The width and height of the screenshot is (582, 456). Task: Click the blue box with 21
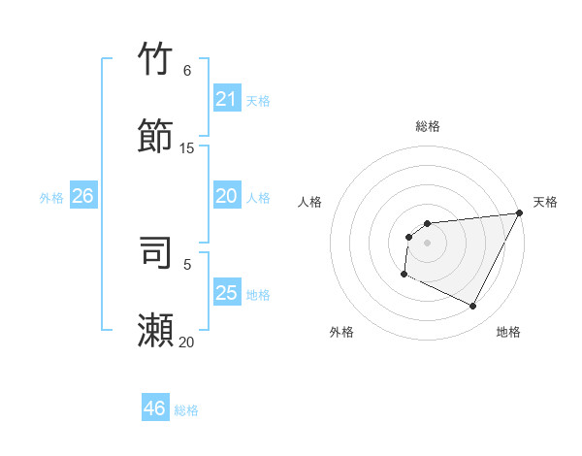[x=226, y=99]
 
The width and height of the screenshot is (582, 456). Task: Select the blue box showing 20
[x=226, y=196]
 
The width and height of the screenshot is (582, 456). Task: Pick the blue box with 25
[x=226, y=293]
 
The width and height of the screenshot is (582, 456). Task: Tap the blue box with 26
[x=82, y=196]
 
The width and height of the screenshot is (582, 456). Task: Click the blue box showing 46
[x=154, y=408]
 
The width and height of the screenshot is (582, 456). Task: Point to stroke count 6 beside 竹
[x=187, y=71]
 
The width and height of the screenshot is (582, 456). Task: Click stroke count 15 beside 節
[x=187, y=148]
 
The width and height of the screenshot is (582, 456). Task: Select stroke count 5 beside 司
[x=187, y=264]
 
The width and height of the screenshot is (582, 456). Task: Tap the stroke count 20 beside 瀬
[x=187, y=342]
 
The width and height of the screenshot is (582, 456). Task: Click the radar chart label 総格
[x=428, y=126]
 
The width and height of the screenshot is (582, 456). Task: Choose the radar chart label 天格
[x=545, y=202]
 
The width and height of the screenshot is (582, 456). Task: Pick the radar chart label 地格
[x=508, y=332]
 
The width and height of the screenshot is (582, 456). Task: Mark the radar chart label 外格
[x=341, y=332]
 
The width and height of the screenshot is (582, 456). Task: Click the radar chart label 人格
[x=309, y=202]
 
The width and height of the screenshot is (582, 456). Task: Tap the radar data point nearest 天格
[x=519, y=212]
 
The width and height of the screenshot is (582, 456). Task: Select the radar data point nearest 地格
[x=473, y=307]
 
